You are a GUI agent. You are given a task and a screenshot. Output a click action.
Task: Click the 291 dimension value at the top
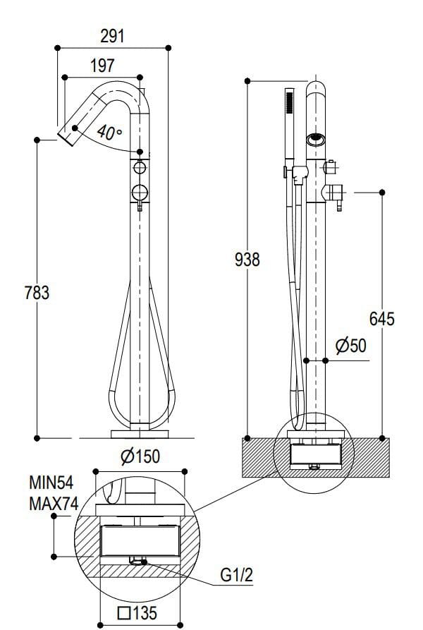112,36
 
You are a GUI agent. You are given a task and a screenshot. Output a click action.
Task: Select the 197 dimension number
103,66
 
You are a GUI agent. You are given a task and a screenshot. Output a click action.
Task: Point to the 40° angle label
109,132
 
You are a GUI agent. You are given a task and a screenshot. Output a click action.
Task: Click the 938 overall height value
247,259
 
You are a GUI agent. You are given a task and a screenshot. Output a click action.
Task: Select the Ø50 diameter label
351,346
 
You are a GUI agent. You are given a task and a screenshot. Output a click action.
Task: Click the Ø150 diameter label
140,456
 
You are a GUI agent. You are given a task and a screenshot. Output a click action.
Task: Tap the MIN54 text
51,483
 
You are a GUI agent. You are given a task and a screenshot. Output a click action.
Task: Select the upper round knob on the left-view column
140,169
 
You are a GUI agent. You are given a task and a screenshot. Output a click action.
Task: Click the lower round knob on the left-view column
140,190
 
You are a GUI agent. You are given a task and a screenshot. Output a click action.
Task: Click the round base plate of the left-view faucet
140,432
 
